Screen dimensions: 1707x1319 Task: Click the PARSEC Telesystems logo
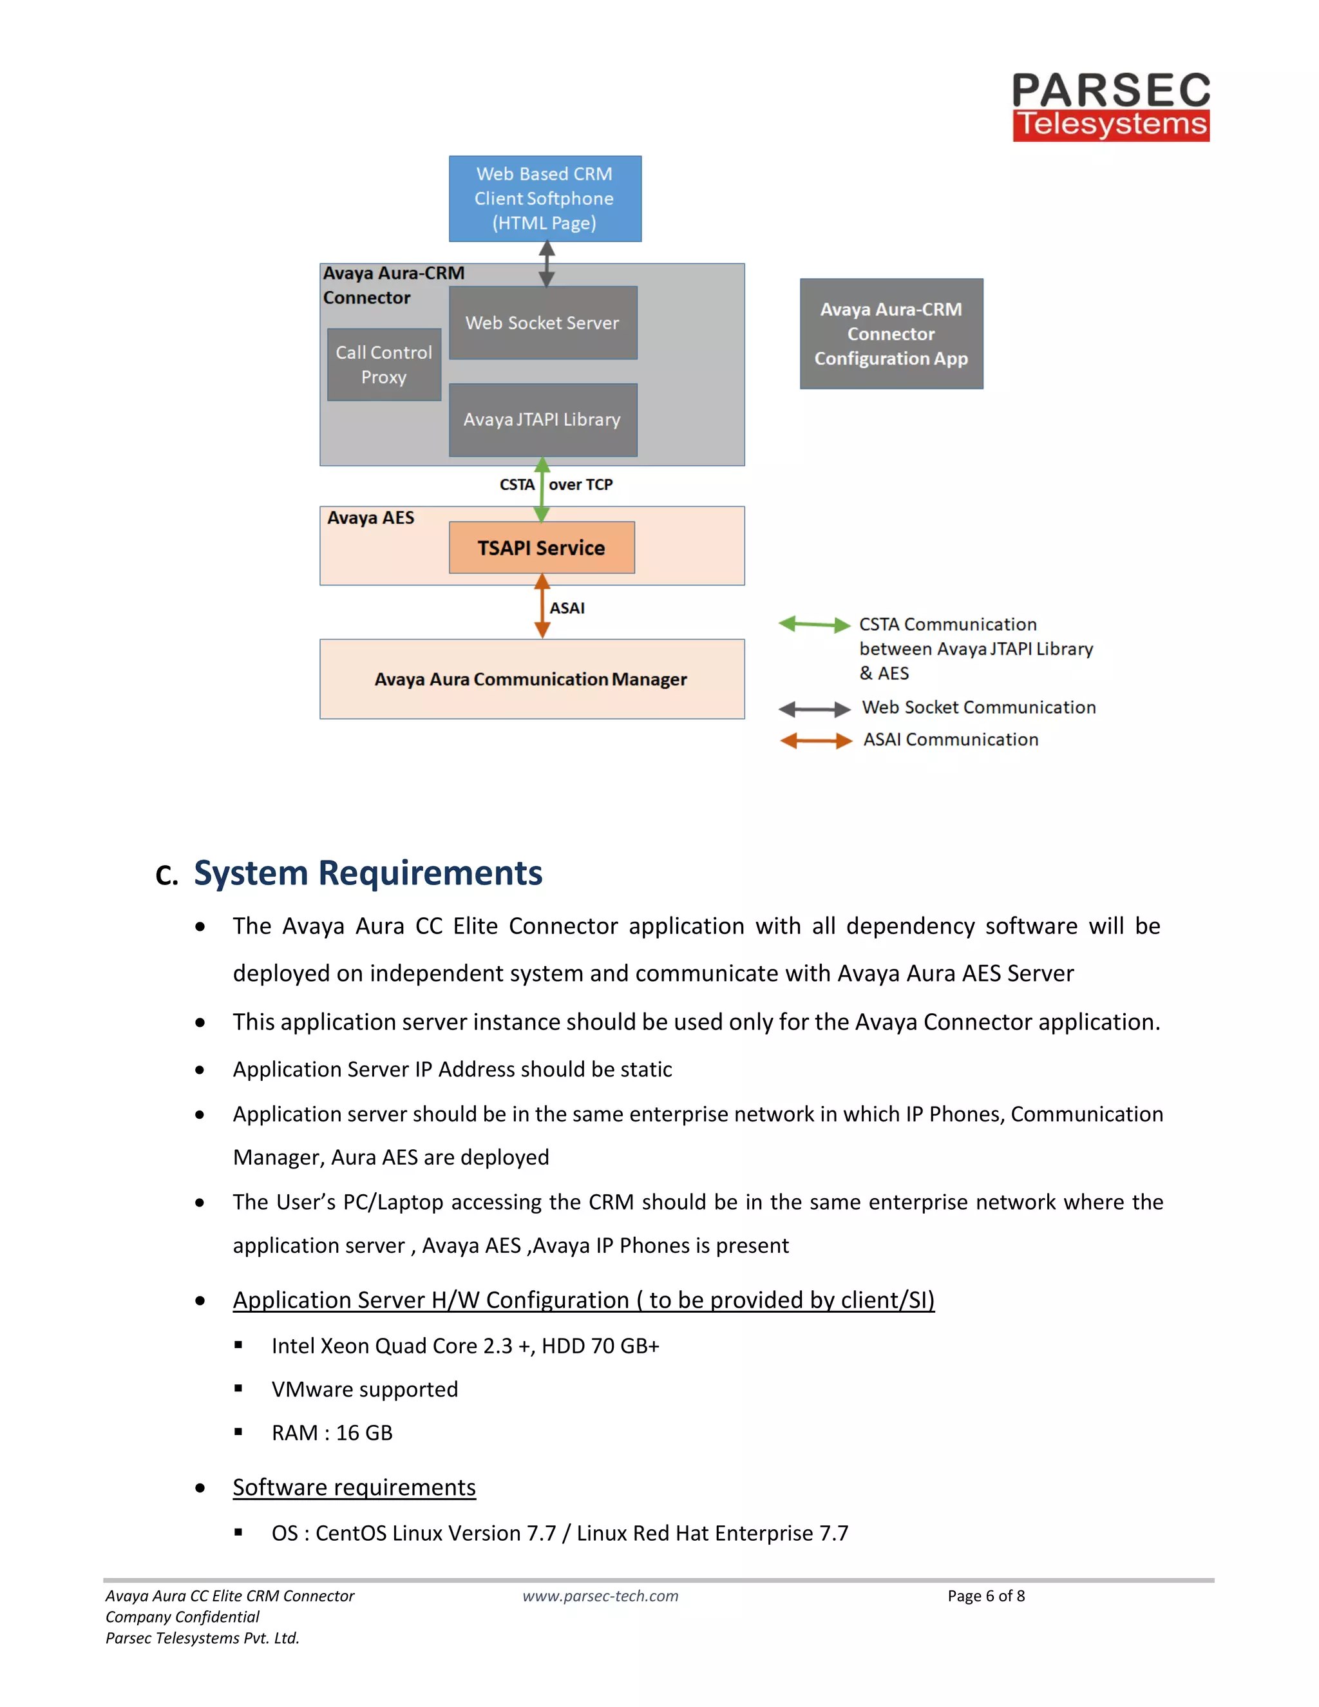click(x=1110, y=107)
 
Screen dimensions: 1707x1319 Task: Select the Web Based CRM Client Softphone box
click(x=545, y=198)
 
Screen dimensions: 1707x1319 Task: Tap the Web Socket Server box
click(x=542, y=323)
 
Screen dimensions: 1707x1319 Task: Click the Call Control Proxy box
click(x=384, y=365)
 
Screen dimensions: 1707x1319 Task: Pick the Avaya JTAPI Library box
click(x=542, y=420)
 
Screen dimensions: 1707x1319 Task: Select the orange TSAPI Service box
click(x=542, y=548)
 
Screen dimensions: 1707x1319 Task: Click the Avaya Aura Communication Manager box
click(x=531, y=679)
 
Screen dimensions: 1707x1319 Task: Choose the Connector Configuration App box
click(x=891, y=334)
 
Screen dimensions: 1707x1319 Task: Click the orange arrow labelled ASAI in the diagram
click(x=542, y=607)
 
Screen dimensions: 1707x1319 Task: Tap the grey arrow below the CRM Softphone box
click(x=547, y=264)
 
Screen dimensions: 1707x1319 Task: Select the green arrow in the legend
click(x=814, y=624)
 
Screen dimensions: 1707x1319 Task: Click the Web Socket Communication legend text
click(x=978, y=707)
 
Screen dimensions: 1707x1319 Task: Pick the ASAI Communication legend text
click(x=950, y=739)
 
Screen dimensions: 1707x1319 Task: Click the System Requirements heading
click(x=367, y=873)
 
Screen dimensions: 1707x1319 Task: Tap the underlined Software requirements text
click(x=354, y=1487)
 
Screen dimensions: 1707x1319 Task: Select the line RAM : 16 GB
click(x=332, y=1433)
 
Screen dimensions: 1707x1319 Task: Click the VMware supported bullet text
click(x=365, y=1389)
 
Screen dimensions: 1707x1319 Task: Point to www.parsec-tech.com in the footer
click(x=600, y=1596)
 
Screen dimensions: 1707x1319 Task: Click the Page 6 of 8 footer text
click(x=986, y=1596)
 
